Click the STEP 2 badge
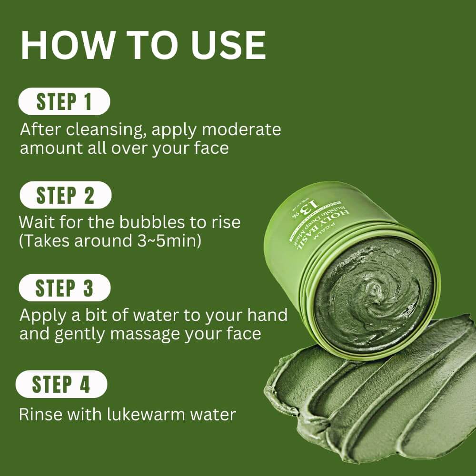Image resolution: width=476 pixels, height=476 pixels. pos(65,195)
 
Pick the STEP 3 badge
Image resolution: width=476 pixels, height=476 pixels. pos(65,288)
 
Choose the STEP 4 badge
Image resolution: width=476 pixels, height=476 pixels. pos(61,385)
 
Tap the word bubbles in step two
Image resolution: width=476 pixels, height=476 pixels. pos(146,222)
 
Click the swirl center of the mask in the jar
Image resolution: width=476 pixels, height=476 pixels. pos(376,288)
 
